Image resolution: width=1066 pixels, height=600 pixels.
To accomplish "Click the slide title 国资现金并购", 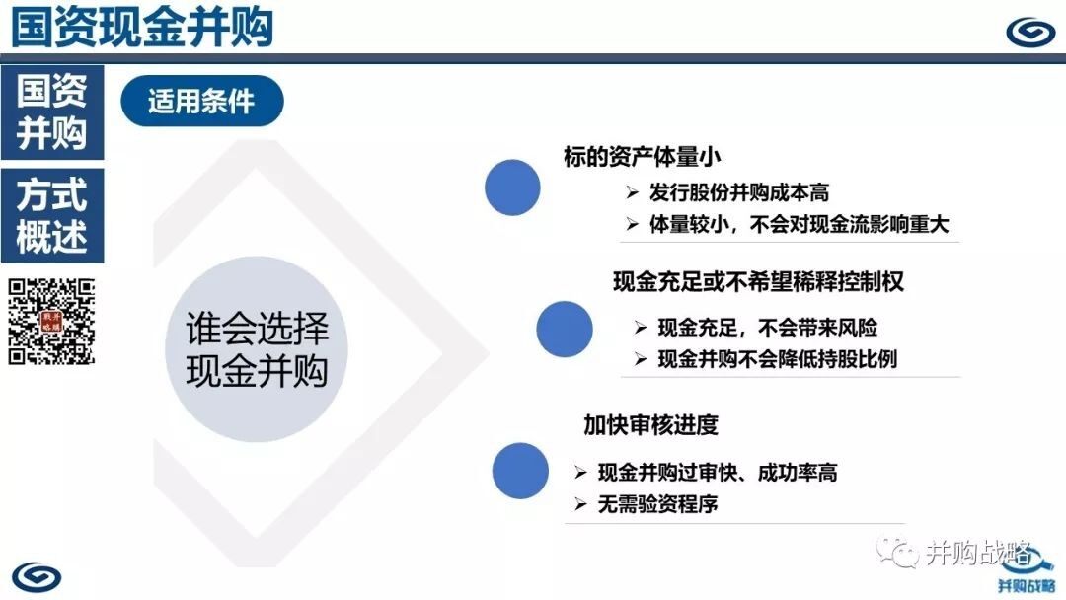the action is [142, 28].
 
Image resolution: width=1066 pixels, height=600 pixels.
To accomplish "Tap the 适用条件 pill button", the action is [202, 102].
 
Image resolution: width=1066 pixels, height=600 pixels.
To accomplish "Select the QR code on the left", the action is [51, 322].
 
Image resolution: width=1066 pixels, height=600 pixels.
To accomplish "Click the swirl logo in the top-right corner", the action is [1029, 32].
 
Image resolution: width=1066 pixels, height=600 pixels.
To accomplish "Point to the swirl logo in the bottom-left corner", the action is [37, 577].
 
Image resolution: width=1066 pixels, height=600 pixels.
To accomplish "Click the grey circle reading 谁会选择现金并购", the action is [257, 349].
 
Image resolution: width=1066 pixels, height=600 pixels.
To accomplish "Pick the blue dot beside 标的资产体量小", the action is [512, 187].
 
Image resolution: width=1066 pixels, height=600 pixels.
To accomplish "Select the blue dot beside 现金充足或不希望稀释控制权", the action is [565, 329].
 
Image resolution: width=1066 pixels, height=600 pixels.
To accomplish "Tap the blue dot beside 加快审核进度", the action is [520, 471].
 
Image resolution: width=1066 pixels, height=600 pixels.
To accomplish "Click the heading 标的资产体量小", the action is [642, 157].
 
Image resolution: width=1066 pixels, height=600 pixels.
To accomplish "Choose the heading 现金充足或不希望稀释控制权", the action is [758, 281].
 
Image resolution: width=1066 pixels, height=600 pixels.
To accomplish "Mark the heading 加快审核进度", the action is [650, 425].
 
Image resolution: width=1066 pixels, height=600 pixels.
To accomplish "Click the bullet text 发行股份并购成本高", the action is [738, 193].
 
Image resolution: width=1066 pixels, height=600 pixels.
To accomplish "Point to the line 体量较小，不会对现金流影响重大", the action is [799, 224].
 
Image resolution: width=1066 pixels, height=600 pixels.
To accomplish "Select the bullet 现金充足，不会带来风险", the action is [768, 328].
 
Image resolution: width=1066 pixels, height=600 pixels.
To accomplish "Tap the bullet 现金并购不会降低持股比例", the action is [777, 359].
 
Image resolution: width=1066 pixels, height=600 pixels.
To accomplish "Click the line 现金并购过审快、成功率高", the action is [718, 473].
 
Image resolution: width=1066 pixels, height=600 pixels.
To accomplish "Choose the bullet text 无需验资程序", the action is [657, 504].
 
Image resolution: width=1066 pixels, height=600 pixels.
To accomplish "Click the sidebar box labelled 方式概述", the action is [52, 215].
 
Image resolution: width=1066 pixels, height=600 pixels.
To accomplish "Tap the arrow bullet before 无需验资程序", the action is [580, 504].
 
